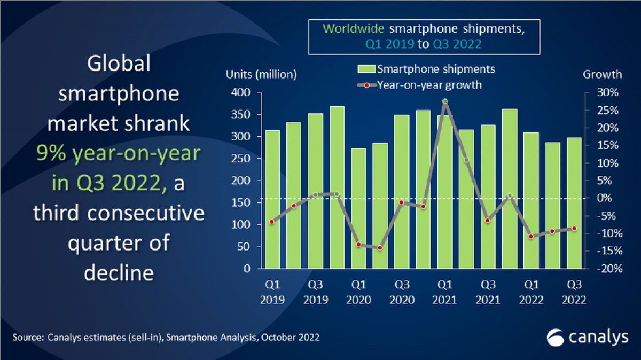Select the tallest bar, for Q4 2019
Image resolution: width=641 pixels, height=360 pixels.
pyautogui.click(x=337, y=187)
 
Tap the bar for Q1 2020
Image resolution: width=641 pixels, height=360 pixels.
pyautogui.click(x=358, y=208)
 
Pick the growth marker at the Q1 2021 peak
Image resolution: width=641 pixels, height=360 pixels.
pyautogui.click(x=444, y=101)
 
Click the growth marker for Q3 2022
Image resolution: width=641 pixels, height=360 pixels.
pyautogui.click(x=574, y=229)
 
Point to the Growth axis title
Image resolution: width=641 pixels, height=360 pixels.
pyautogui.click(x=602, y=75)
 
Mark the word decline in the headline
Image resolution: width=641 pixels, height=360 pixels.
pyautogui.click(x=119, y=272)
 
